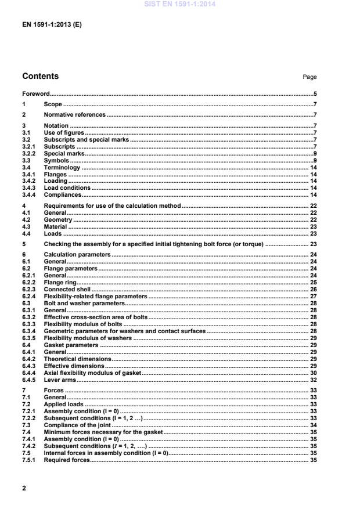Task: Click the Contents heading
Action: coord(40,76)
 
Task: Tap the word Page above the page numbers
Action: coord(309,77)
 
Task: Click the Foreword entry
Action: coord(35,93)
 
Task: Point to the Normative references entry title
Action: coord(75,115)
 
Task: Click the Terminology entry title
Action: coord(62,167)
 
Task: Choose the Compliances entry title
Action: coord(63,194)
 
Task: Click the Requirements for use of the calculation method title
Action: coord(113,205)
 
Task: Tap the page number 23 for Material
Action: coord(312,227)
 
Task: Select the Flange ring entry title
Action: coord(60,282)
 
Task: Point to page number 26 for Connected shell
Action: coord(312,289)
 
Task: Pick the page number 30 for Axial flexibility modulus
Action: coord(312,373)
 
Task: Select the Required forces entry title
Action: coord(67,460)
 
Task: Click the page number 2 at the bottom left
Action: coord(24,489)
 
